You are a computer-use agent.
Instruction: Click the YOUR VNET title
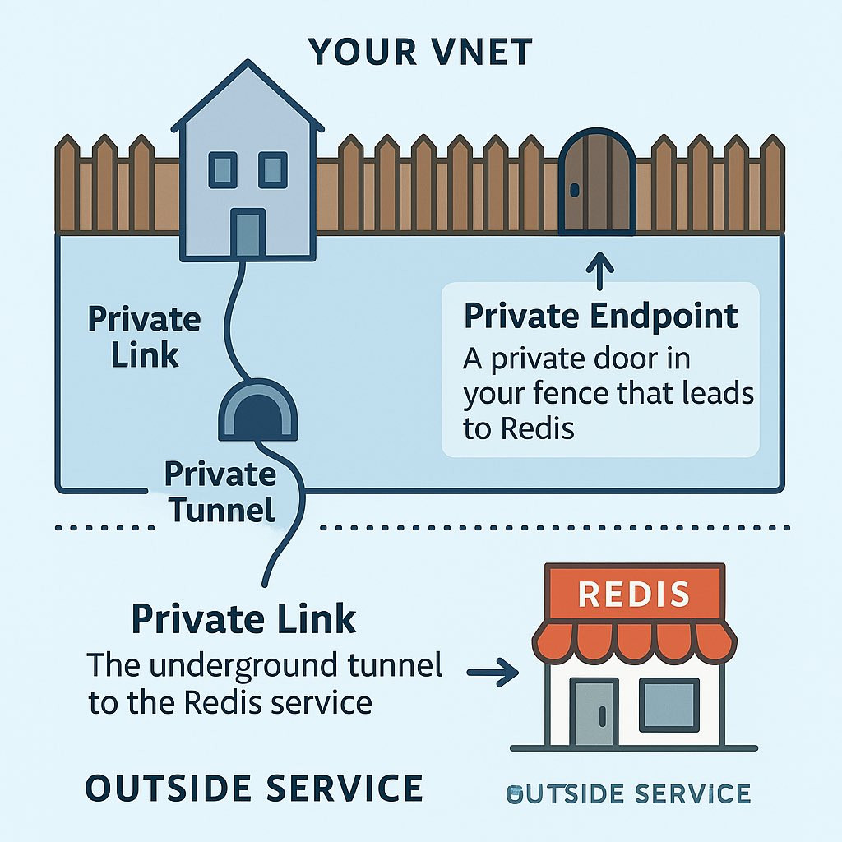pos(420,52)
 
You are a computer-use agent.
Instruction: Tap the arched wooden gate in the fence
pos(597,182)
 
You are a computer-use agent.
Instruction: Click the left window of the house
pos(222,169)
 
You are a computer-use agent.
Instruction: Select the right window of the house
pos(273,169)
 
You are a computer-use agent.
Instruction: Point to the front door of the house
pos(248,232)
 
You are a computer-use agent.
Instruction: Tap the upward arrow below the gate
pos(599,271)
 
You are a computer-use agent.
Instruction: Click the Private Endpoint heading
pos(601,316)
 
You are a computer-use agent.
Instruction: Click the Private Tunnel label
pos(220,492)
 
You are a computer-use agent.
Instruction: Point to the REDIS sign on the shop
pos(634,594)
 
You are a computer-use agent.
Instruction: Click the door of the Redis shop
pos(594,711)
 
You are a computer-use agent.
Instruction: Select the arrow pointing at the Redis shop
pos(493,673)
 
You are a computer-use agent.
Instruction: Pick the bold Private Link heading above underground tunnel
pos(243,619)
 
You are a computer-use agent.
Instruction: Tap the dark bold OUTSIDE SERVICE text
pos(254,789)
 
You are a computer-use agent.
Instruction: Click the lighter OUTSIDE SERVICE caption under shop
pos(628,793)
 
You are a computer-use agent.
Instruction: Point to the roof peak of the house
pos(248,61)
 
